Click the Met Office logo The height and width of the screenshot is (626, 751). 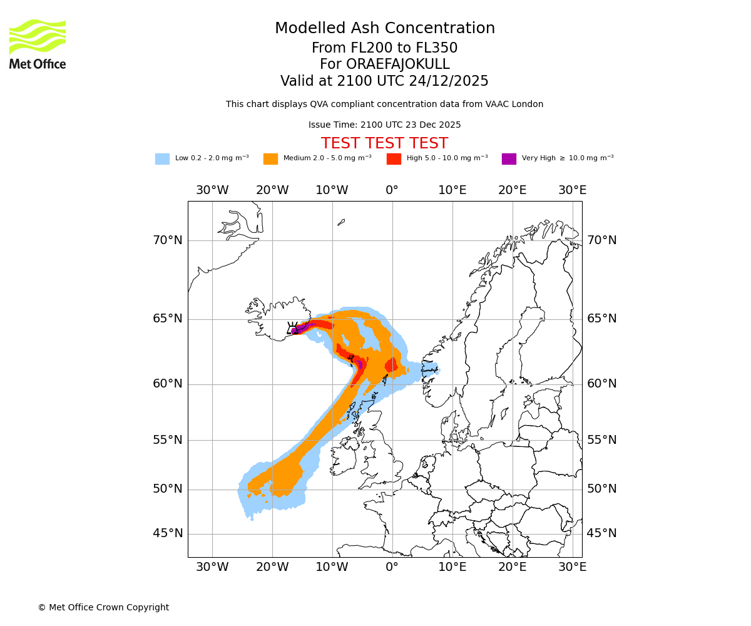[38, 44]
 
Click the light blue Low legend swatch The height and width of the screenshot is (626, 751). [162, 159]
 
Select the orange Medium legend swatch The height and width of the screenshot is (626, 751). [270, 159]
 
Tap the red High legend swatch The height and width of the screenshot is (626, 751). [394, 159]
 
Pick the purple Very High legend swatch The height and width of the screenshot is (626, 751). [509, 159]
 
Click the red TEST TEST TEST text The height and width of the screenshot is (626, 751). [384, 143]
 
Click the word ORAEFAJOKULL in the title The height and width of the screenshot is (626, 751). [384, 64]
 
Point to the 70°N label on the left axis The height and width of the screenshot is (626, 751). [168, 240]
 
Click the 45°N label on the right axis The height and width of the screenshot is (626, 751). [601, 533]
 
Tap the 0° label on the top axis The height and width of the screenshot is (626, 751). [392, 190]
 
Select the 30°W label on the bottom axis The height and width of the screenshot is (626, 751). [212, 567]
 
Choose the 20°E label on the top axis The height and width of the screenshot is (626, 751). [512, 190]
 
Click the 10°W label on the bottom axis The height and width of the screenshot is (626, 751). [332, 567]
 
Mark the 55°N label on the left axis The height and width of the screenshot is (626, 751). [168, 440]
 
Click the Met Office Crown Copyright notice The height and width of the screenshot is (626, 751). [103, 607]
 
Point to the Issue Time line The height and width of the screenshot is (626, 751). [384, 125]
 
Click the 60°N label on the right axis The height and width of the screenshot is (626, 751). [601, 384]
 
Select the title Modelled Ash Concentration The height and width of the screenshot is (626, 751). [384, 28]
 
